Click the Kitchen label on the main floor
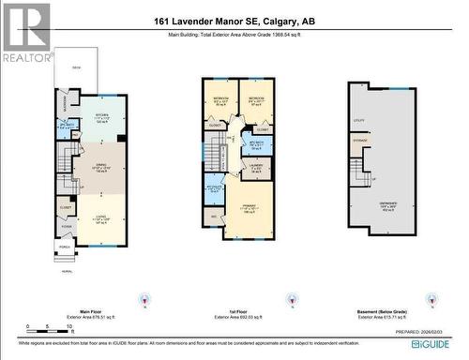tap(101, 117)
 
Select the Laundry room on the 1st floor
tap(257, 169)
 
